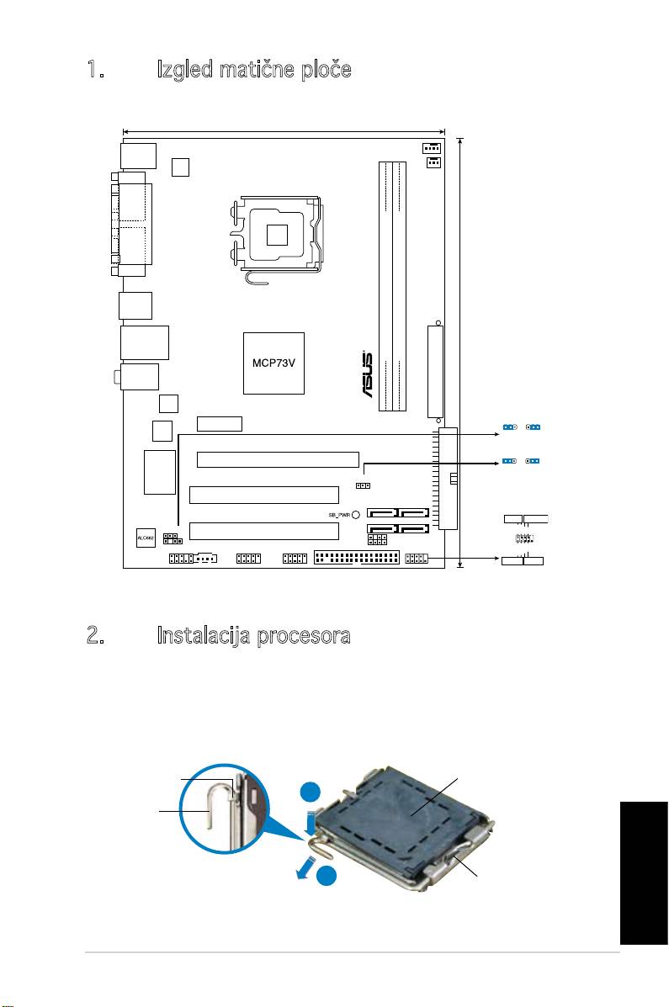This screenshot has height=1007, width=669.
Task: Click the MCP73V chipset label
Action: click(272, 363)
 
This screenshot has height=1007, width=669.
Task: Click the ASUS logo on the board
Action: click(366, 380)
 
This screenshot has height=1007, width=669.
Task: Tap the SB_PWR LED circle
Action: click(356, 515)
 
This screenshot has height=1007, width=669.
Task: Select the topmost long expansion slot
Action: click(278, 459)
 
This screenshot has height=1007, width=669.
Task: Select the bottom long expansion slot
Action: click(263, 531)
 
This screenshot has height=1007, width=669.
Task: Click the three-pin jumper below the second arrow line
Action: click(363, 485)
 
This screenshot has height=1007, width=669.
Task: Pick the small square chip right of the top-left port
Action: click(180, 167)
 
